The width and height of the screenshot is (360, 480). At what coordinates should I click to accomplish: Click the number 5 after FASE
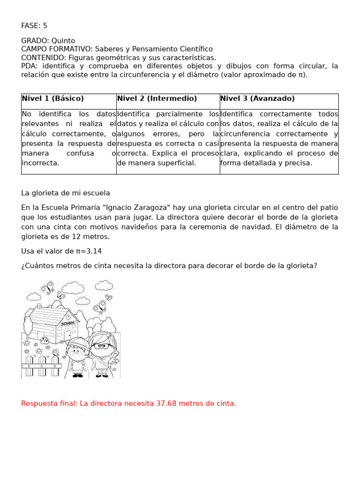click(45, 26)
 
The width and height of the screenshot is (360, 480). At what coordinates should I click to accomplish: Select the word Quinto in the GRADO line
click(63, 41)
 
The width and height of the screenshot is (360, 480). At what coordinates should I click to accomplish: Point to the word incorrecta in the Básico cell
click(40, 163)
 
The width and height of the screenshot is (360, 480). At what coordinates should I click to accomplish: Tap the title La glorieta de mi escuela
click(66, 193)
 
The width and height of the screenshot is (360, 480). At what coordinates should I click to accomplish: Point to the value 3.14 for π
click(94, 251)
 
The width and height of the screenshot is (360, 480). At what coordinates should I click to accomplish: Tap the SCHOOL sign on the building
click(67, 323)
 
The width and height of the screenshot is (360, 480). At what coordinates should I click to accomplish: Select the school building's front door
click(67, 337)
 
